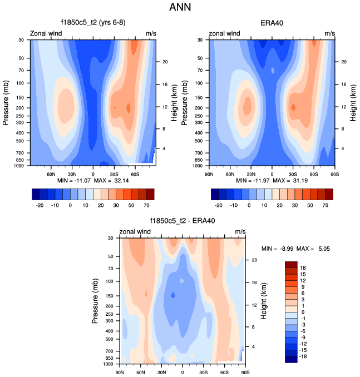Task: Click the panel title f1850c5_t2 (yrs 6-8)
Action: pos(93,23)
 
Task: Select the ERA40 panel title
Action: pos(272,23)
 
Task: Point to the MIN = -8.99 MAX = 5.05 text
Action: pos(296,249)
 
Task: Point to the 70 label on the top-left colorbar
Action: pos(150,205)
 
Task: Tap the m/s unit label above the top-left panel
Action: pos(151,33)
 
